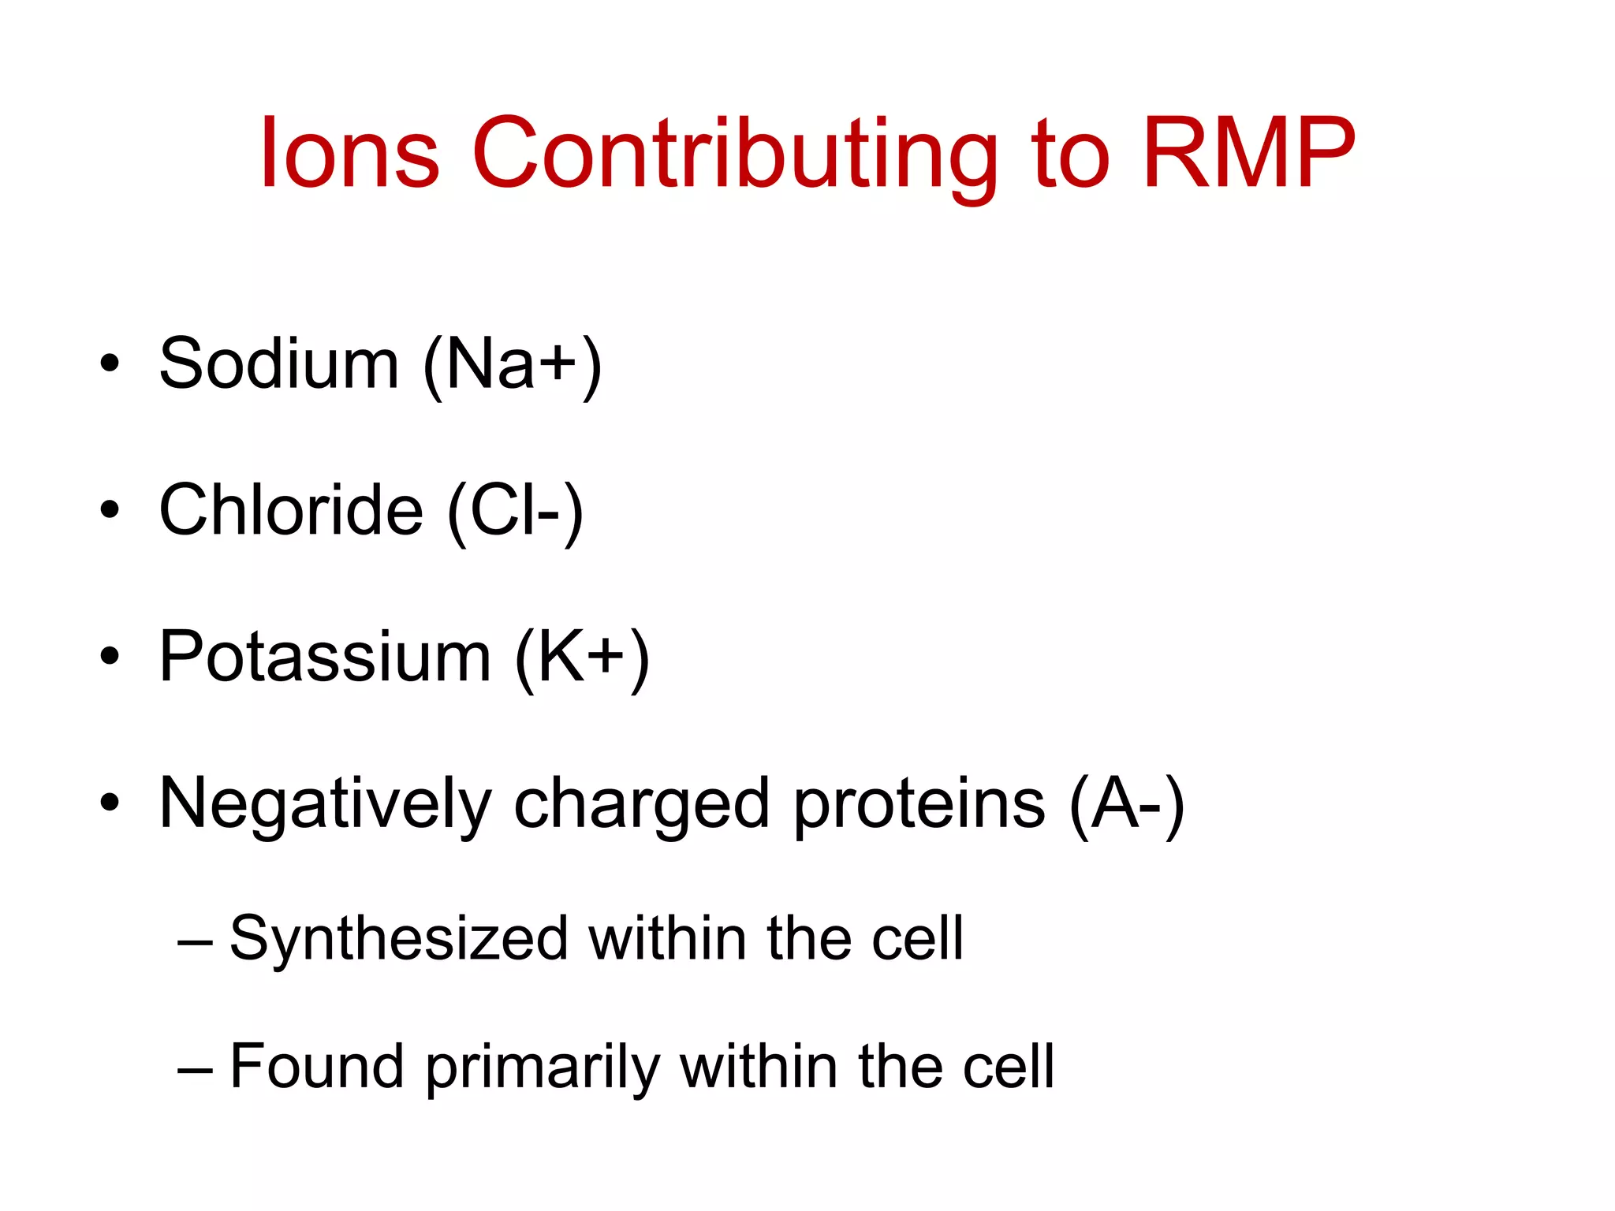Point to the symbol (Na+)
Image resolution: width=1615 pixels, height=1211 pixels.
[x=513, y=365]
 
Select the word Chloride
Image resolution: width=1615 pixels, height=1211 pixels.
[x=291, y=510]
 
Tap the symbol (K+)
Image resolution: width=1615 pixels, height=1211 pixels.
[x=582, y=658]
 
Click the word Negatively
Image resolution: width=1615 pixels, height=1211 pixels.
[x=325, y=805]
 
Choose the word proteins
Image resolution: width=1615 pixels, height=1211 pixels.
[x=919, y=805]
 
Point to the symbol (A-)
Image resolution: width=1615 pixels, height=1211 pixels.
[x=1127, y=805]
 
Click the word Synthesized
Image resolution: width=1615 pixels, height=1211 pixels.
[x=398, y=939]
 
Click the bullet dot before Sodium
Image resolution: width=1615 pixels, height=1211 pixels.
[x=110, y=365]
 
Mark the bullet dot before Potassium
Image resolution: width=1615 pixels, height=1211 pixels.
[x=110, y=657]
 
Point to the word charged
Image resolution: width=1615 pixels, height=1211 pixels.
[x=641, y=805]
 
